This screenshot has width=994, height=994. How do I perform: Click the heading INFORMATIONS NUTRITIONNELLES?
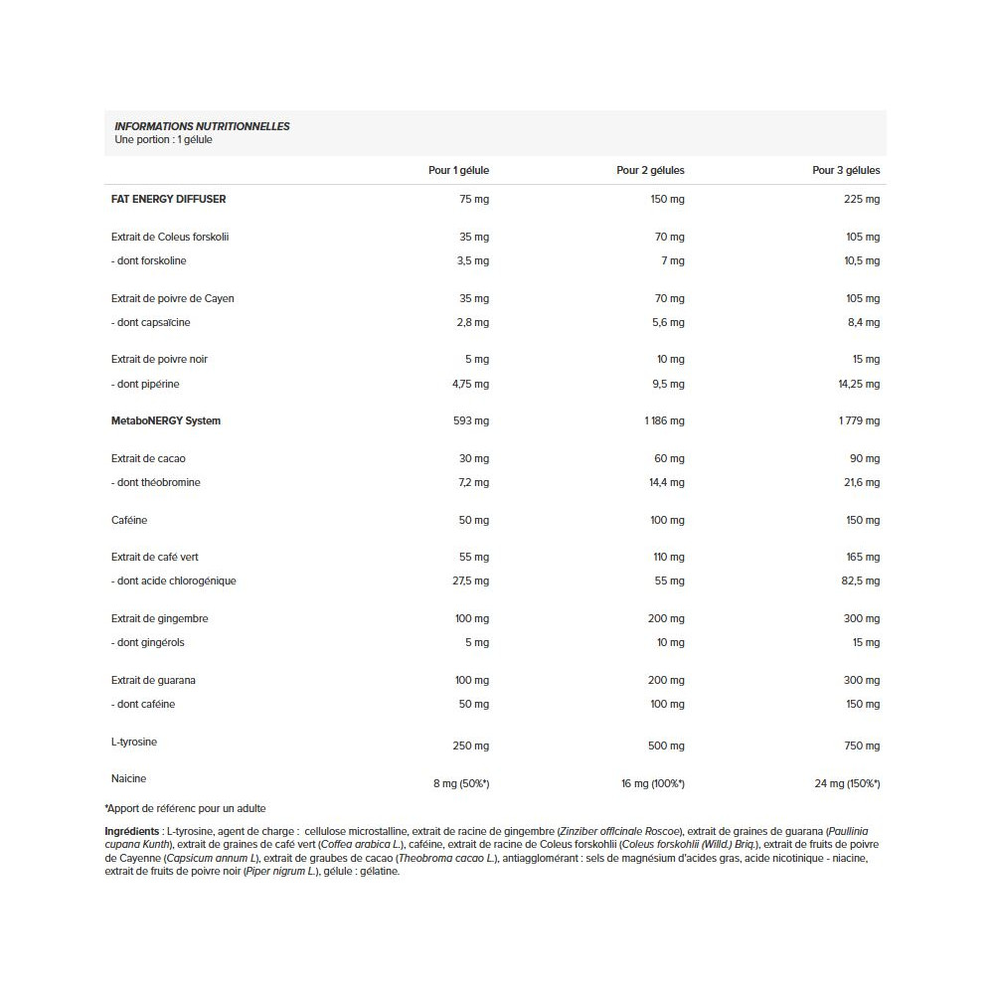pos(202,126)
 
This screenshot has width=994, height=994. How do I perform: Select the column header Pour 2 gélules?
pos(650,170)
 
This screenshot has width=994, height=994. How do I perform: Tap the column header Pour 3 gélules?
pos(846,170)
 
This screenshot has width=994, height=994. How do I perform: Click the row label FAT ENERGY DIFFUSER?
pos(169,199)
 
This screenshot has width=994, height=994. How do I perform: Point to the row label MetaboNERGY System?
pos(166,420)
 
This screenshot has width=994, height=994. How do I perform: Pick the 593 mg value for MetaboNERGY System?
pos(470,420)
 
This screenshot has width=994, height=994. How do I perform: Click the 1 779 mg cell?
pos(858,420)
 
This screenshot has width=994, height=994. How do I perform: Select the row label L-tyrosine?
pos(134,743)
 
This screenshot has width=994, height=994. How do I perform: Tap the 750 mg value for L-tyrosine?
pos(862,745)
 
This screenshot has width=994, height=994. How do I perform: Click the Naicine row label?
pos(129,778)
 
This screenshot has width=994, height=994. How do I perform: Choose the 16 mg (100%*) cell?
pos(652,783)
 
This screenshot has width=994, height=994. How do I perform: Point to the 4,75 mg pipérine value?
pos(469,384)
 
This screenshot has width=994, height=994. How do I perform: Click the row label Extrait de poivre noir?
pos(160,359)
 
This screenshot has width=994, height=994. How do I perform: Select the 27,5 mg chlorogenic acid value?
pos(470,580)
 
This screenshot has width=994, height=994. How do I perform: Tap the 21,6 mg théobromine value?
pos(861,482)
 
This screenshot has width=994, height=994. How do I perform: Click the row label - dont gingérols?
pos(148,642)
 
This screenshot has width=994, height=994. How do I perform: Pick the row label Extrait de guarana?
pos(153,680)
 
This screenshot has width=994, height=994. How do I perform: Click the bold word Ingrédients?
pos(131,830)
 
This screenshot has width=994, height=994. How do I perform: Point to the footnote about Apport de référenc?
pos(185,808)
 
